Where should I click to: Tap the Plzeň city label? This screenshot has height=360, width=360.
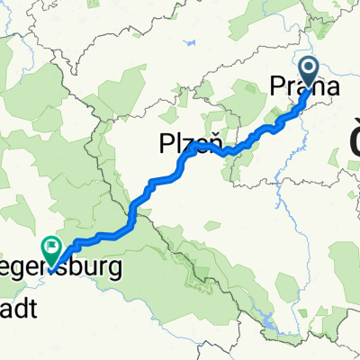(x=188, y=142)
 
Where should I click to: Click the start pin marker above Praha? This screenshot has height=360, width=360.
(x=309, y=71)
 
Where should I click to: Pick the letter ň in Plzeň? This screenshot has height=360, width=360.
(x=214, y=142)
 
